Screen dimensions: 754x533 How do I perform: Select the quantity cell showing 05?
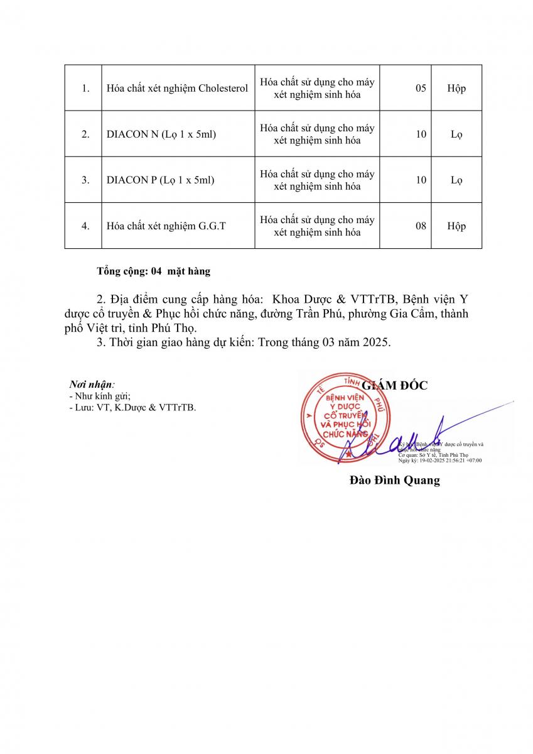pyautogui.click(x=421, y=88)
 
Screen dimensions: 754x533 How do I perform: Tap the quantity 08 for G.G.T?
pyautogui.click(x=421, y=226)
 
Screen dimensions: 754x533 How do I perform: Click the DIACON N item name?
pyautogui.click(x=161, y=134)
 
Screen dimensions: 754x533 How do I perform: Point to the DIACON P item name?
pyautogui.click(x=161, y=180)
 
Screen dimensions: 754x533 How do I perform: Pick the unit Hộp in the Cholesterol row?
pyautogui.click(x=456, y=88)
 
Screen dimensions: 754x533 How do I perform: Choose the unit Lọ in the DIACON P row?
pyautogui.click(x=456, y=180)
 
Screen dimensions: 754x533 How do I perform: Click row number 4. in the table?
pyautogui.click(x=85, y=226)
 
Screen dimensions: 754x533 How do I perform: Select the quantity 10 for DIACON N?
pyautogui.click(x=421, y=134)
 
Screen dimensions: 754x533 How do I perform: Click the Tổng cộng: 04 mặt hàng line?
pyautogui.click(x=153, y=271)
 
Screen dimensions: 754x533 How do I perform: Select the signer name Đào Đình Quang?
pyautogui.click(x=394, y=481)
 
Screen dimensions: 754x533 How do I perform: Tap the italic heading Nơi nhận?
pyautogui.click(x=92, y=384)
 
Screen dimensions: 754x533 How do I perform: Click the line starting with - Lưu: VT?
pyautogui.click(x=132, y=407)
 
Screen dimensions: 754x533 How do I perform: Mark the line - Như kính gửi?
pyautogui.click(x=100, y=396)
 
